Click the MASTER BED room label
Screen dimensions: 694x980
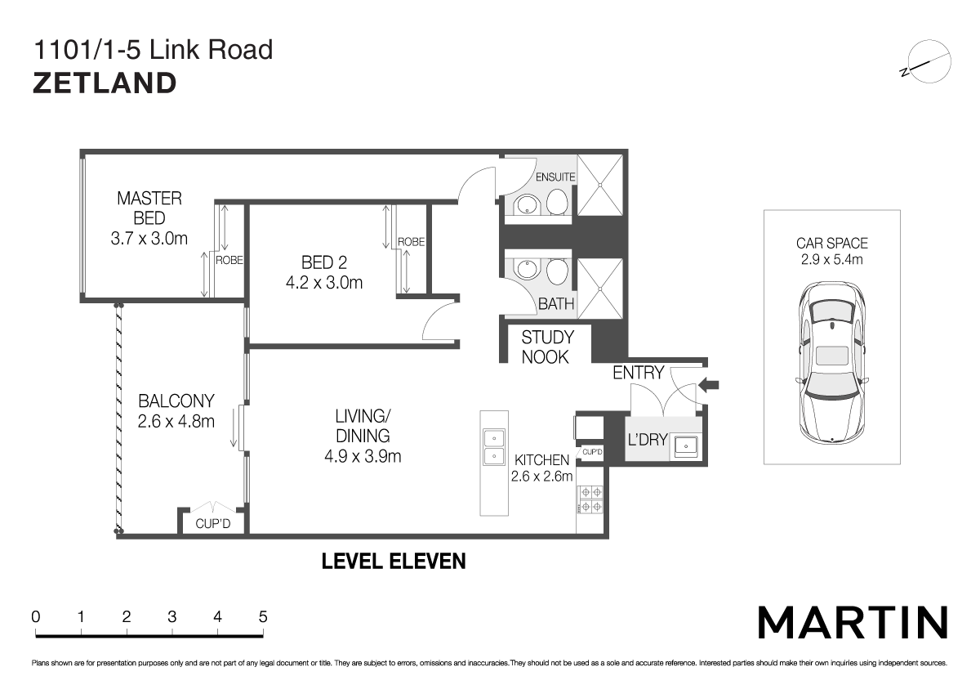pyautogui.click(x=149, y=208)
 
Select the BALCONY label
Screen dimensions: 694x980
pyautogui.click(x=176, y=401)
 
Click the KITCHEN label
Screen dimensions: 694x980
pyautogui.click(x=541, y=461)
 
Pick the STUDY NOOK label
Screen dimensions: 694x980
pyautogui.click(x=547, y=347)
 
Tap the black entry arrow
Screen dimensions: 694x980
pyautogui.click(x=709, y=384)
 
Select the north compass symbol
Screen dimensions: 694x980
pyautogui.click(x=927, y=62)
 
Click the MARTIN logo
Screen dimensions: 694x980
pyautogui.click(x=853, y=623)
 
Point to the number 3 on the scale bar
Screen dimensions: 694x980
pyautogui.click(x=171, y=617)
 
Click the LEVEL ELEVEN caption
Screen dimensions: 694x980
pyautogui.click(x=394, y=562)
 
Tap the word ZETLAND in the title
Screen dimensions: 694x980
pyautogui.click(x=105, y=83)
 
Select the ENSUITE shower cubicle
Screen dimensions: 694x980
pyautogui.click(x=600, y=186)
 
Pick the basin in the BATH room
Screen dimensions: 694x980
pyautogui.click(x=525, y=271)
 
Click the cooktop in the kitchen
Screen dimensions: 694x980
pyautogui.click(x=590, y=499)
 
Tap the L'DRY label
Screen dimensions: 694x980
pyautogui.click(x=648, y=440)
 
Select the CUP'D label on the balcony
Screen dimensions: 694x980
pyautogui.click(x=213, y=524)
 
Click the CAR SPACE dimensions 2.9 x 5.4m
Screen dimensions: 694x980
pyautogui.click(x=832, y=260)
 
